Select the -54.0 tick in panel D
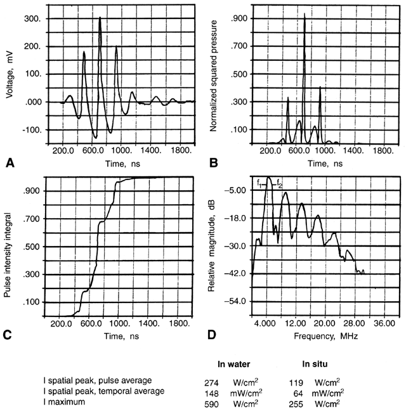[x=236, y=300]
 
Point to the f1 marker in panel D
[x=259, y=183]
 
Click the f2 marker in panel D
[x=280, y=185]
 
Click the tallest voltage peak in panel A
[x=100, y=18]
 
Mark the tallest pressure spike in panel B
[x=304, y=14]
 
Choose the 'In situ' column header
[x=321, y=365]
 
